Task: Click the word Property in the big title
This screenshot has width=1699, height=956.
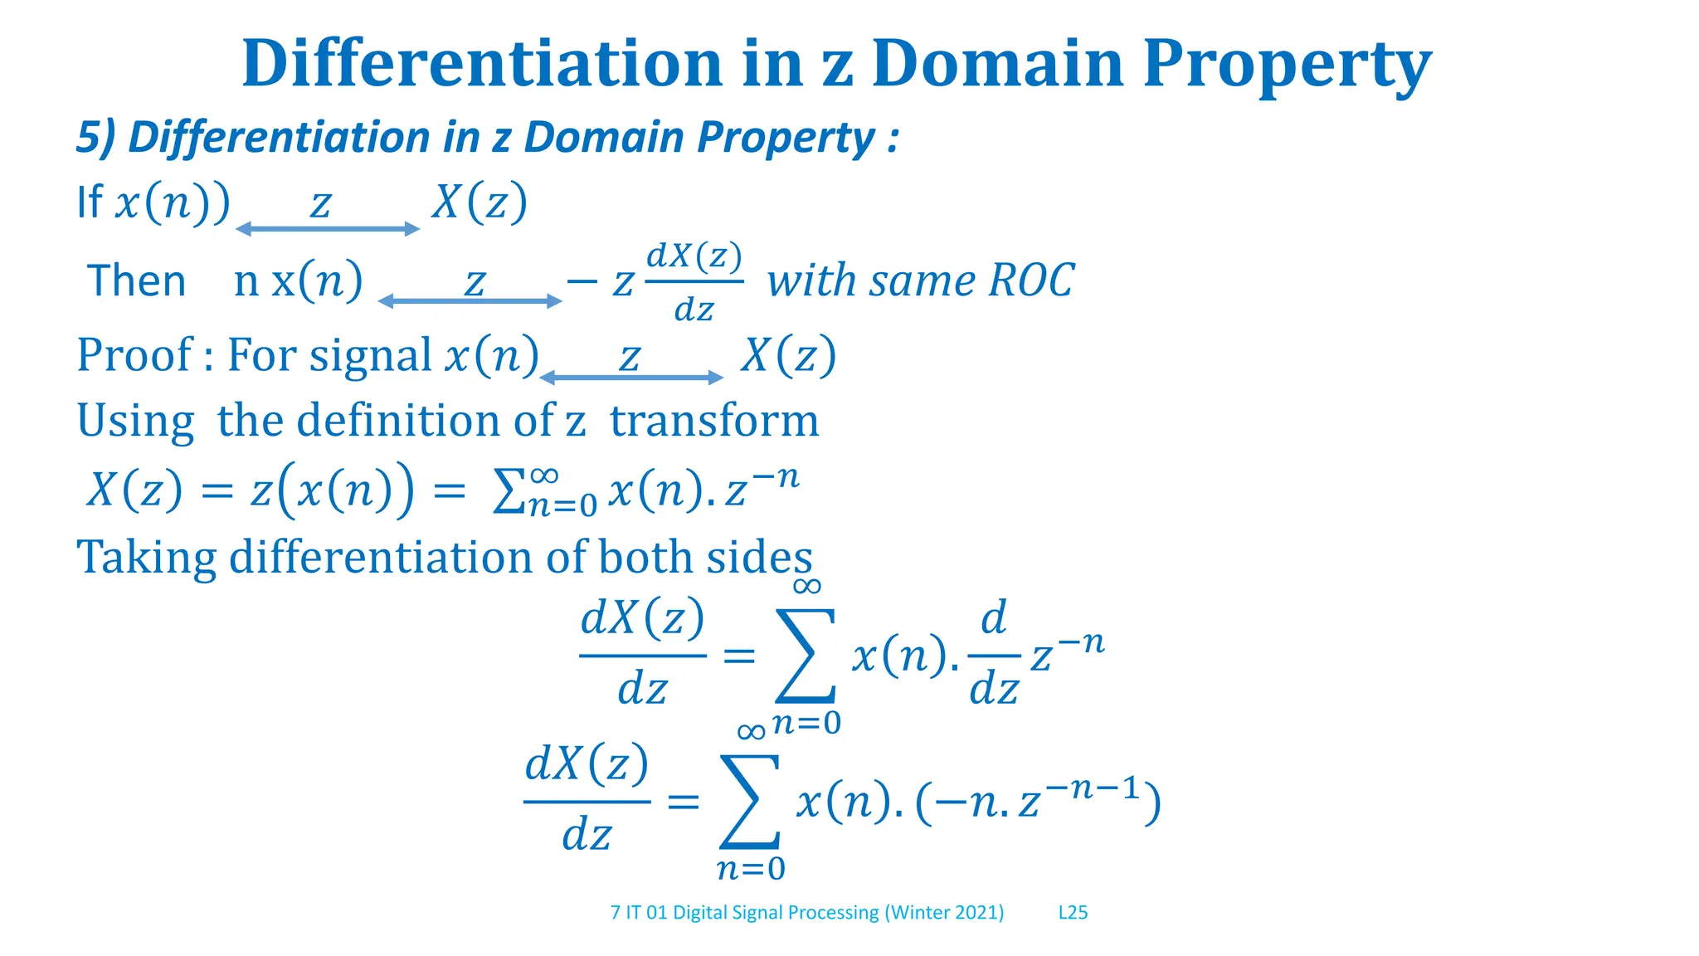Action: tap(1287, 65)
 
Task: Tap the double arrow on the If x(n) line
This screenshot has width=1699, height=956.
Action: tap(328, 229)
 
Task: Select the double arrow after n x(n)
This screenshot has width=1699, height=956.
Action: tap(470, 301)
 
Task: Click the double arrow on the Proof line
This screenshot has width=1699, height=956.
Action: tap(631, 378)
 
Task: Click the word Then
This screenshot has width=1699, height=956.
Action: tap(136, 280)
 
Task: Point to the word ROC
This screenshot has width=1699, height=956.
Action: tap(1031, 280)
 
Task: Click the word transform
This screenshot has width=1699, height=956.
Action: tap(714, 420)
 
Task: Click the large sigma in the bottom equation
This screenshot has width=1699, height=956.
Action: tap(749, 801)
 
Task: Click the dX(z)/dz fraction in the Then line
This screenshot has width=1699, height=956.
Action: tap(694, 282)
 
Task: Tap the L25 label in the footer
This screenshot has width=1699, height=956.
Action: tap(1073, 912)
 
